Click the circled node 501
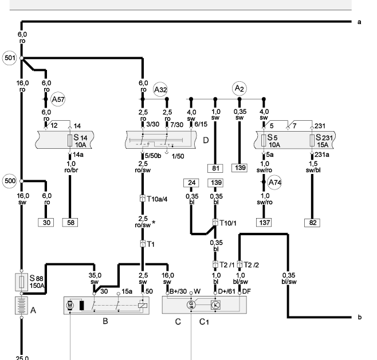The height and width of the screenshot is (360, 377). (9, 58)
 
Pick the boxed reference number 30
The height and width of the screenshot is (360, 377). (46, 221)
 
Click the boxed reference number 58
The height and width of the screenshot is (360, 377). (70, 221)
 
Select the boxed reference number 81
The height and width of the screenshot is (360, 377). (215, 168)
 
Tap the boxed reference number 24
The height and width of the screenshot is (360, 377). (191, 183)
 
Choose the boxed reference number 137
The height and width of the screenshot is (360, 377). (264, 221)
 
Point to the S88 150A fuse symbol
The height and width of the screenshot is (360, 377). (21, 282)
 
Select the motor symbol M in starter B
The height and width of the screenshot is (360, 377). (70, 305)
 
